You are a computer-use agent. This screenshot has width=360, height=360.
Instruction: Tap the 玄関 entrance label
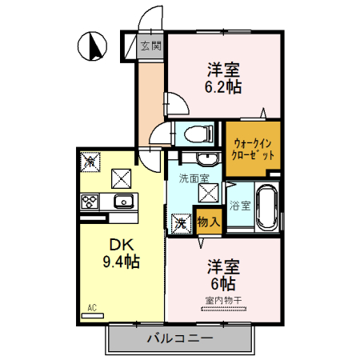pos(150,46)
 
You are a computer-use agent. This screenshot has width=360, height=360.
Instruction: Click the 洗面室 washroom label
pos(194,178)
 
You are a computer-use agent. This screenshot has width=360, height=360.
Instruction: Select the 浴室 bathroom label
pos(240,206)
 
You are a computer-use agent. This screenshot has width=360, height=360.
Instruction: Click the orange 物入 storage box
pos(208,220)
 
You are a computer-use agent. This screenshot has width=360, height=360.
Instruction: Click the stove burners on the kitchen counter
pos(89,202)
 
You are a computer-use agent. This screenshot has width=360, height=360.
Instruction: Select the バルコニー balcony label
pos(179,338)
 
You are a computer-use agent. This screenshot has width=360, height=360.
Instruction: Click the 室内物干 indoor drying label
pos(223,300)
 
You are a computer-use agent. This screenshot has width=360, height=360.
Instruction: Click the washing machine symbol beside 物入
pos(182,222)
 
